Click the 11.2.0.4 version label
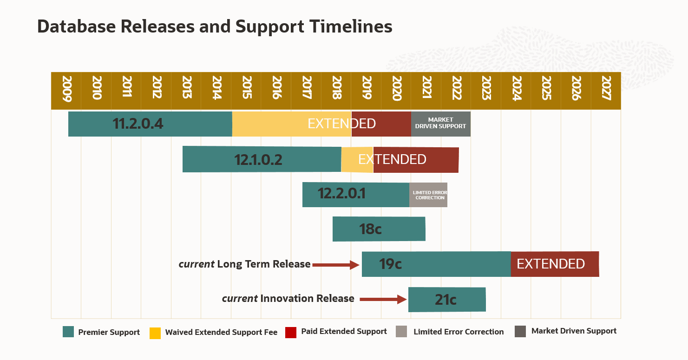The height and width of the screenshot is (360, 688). tap(138, 124)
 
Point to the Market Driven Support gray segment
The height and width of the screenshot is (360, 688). tap(440, 124)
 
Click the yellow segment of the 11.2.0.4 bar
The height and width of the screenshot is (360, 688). tap(279, 124)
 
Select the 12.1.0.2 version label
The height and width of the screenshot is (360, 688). tap(258, 160)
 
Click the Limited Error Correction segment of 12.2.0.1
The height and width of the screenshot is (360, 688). tap(428, 195)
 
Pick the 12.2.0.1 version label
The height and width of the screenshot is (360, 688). tap(341, 193)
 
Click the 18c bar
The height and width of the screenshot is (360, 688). tap(379, 229)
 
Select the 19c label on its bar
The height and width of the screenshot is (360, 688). tap(390, 264)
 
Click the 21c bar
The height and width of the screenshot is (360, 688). tap(446, 300)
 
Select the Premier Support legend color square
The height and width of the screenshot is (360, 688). tap(68, 332)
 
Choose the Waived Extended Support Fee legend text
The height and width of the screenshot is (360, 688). tap(221, 332)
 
